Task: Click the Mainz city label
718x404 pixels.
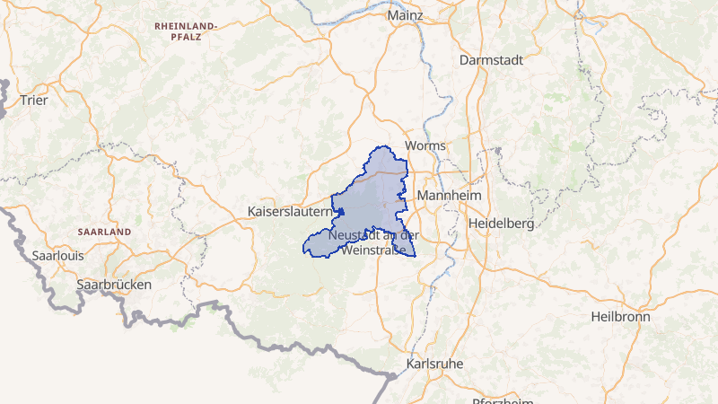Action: coord(405,16)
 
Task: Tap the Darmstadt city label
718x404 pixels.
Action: coord(490,59)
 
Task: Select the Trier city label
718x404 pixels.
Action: coord(33,100)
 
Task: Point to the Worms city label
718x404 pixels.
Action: coord(425,145)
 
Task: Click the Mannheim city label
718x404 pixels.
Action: coord(451,196)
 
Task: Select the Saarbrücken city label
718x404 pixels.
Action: coord(114,284)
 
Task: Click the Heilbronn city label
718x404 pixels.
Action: coord(621,317)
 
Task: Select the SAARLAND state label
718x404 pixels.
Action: coord(104,232)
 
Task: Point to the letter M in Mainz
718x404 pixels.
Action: coord(393,16)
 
